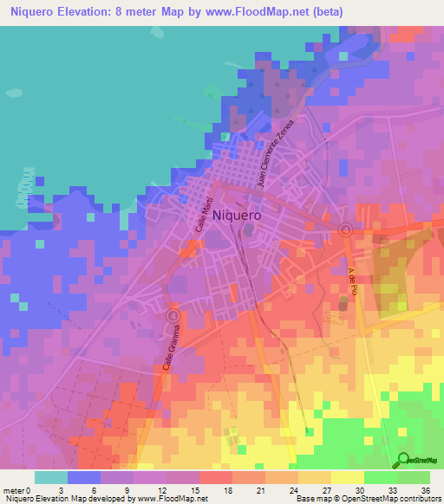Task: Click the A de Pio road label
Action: [x=353, y=281]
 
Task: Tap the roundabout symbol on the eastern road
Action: [x=345, y=229]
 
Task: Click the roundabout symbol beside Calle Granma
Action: [x=172, y=316]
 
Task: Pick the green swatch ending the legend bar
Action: [x=414, y=477]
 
